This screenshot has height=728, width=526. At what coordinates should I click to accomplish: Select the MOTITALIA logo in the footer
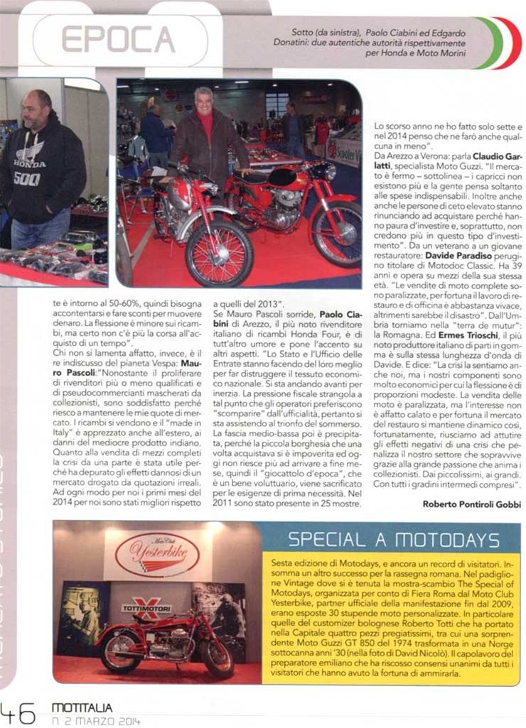(82, 707)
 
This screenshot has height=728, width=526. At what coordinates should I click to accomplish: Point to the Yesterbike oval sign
(157, 555)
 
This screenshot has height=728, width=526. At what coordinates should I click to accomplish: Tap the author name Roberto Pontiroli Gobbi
(472, 504)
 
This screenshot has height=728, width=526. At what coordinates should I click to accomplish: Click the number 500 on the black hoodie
(26, 179)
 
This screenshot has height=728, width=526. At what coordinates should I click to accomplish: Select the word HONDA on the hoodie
(29, 163)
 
